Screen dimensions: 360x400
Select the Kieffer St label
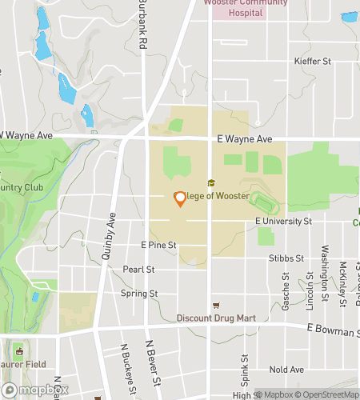(313, 61)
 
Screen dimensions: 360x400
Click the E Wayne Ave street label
(245, 138)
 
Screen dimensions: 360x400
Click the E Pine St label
(158, 245)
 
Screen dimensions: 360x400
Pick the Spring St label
(141, 294)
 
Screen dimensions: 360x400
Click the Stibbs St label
(288, 258)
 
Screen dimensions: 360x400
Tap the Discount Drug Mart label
(216, 318)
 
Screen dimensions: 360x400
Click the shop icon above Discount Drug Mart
(215, 306)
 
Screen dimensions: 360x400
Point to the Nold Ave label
(286, 370)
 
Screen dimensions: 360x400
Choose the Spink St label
(246, 367)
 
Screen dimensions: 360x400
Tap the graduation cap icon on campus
(211, 183)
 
